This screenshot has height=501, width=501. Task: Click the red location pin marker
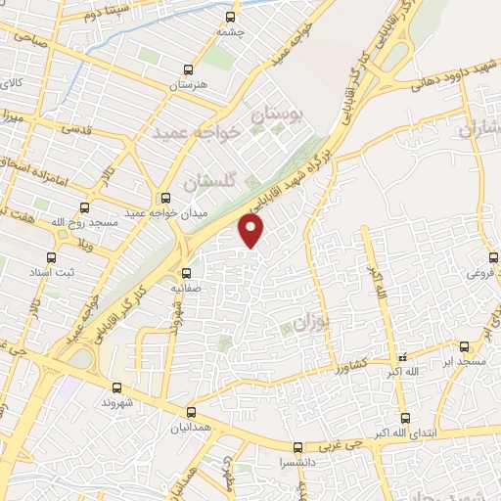[x=252, y=230]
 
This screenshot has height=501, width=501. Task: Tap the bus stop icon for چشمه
[x=231, y=17]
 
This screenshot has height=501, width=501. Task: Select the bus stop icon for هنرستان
[x=189, y=70]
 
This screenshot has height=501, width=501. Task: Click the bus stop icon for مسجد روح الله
[x=83, y=207]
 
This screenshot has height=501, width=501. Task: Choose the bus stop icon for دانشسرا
[x=301, y=444]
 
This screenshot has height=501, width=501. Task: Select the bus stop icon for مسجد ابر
[x=464, y=346]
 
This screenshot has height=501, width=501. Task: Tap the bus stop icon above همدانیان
[x=192, y=412]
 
